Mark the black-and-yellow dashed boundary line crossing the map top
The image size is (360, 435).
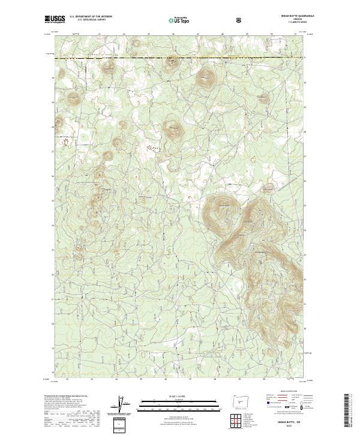[180, 59]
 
